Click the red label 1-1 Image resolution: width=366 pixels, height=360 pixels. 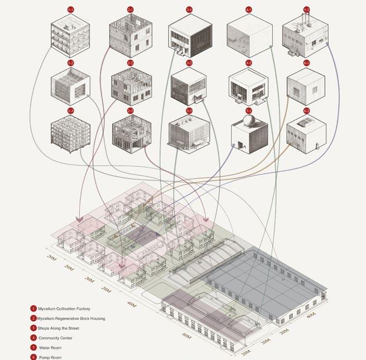pos(70,9)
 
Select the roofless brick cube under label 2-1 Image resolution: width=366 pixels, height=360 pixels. pos(131,34)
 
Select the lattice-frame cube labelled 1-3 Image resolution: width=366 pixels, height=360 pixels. pos(70,135)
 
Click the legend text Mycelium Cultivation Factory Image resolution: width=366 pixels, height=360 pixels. pos(69,308)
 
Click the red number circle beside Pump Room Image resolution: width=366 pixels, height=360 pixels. pos(33,357)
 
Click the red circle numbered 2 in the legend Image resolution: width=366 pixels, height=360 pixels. pos(33,318)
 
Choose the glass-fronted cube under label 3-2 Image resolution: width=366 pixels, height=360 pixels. pos(190,88)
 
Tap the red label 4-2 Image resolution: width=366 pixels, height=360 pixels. pos(249,63)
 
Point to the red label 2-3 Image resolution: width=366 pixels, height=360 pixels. pos(130,111)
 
